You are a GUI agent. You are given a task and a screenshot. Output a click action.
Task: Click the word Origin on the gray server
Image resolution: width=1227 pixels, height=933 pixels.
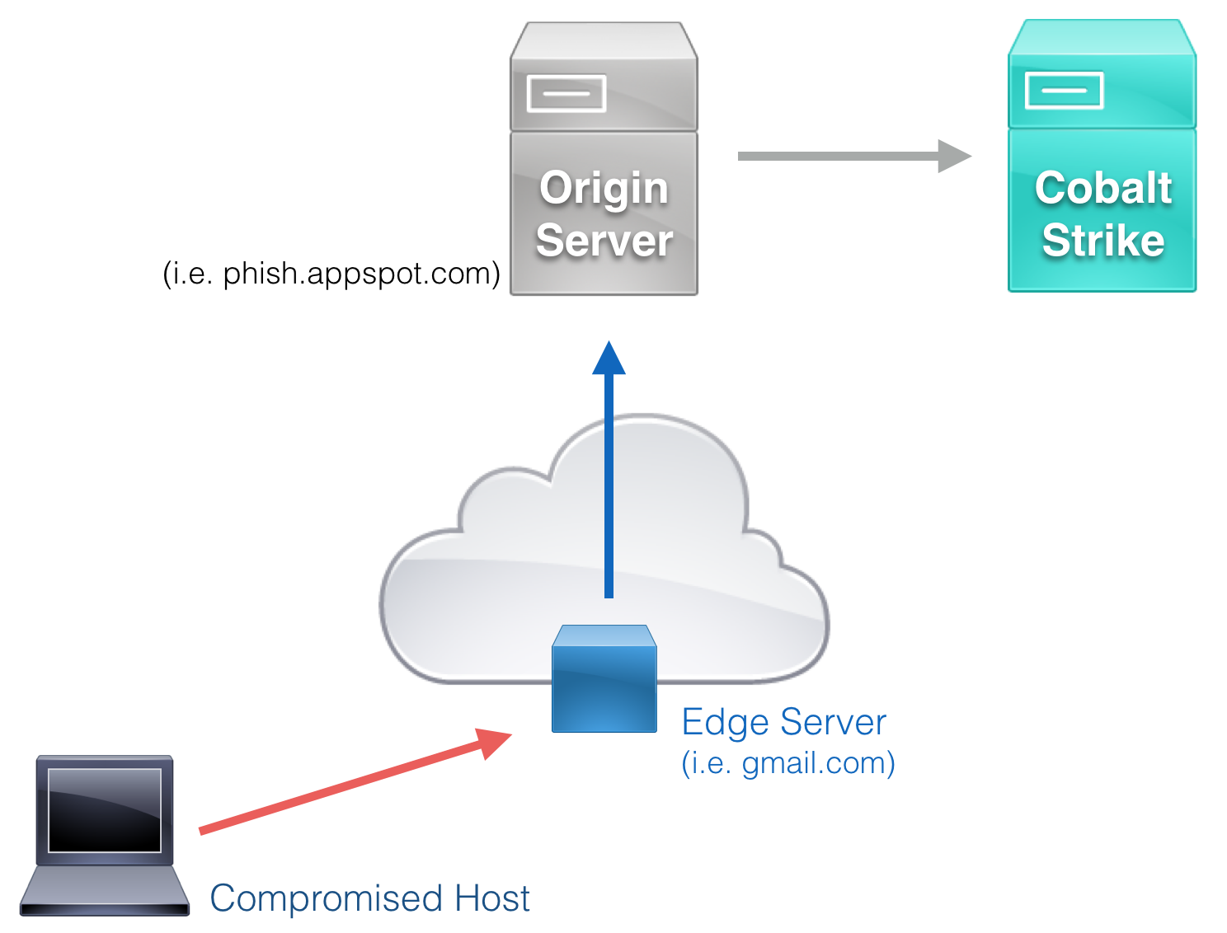(x=604, y=189)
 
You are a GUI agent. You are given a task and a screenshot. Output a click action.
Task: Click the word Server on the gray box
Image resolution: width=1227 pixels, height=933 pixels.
(x=604, y=241)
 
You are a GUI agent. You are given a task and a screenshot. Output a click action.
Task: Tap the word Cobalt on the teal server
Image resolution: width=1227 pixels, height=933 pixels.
(x=1103, y=188)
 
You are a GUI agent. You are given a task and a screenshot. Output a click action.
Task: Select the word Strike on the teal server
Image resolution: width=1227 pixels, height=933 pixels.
(x=1103, y=240)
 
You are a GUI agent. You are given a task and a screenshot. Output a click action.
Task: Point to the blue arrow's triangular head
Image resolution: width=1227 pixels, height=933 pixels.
(x=609, y=360)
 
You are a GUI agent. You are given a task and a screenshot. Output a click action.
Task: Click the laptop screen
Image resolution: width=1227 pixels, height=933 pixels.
(x=104, y=809)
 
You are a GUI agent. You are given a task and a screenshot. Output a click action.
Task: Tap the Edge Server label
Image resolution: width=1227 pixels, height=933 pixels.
(x=783, y=722)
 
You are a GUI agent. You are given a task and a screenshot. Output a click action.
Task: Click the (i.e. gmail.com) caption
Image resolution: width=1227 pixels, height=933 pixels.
(x=787, y=763)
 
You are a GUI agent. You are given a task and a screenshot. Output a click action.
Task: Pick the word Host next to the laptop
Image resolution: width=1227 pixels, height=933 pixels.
(x=492, y=898)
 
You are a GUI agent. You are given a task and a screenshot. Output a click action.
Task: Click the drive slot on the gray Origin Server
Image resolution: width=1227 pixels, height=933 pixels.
(x=566, y=93)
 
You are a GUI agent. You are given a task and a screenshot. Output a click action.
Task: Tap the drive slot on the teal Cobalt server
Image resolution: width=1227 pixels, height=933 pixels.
(x=1064, y=91)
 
